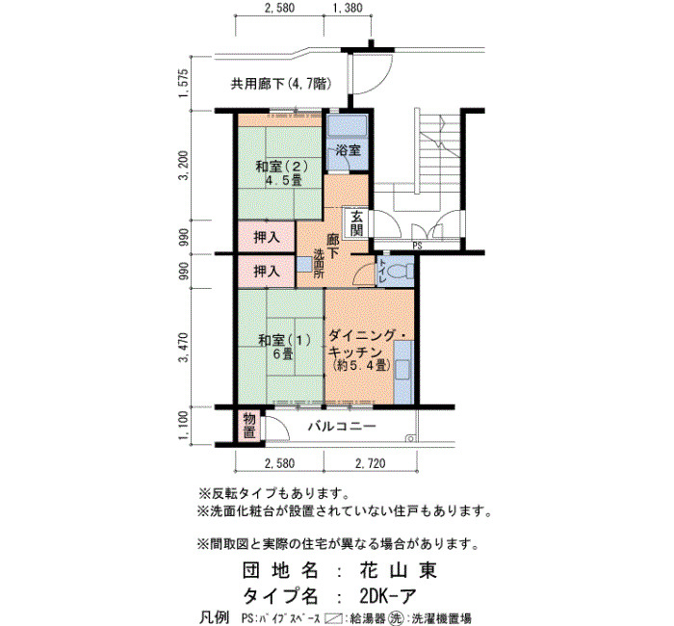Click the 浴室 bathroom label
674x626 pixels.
pyautogui.click(x=348, y=150)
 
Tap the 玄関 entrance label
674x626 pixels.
pyautogui.click(x=356, y=223)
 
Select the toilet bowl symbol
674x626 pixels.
pyautogui.click(x=400, y=272)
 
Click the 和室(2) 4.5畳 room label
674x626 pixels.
pyautogui.click(x=281, y=172)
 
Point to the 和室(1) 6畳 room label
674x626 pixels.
pyautogui.click(x=283, y=347)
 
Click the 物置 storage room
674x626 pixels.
pyautogui.click(x=249, y=426)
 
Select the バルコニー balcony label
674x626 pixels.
pyautogui.click(x=342, y=427)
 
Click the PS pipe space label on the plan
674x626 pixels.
pyautogui.click(x=417, y=246)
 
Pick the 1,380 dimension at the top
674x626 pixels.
pyautogui.click(x=348, y=8)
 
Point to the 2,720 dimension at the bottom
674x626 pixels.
pyautogui.click(x=370, y=463)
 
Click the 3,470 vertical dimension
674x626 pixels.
pyautogui.click(x=184, y=348)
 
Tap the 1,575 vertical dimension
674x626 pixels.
pyautogui.click(x=184, y=83)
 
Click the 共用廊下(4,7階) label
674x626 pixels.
pyautogui.click(x=281, y=84)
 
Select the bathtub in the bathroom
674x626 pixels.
pyautogui.click(x=347, y=125)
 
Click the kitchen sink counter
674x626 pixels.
pyautogui.click(x=403, y=373)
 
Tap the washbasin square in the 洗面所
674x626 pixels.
pyautogui.click(x=305, y=264)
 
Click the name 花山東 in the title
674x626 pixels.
pyautogui.click(x=398, y=570)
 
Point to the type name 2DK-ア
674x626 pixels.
pyautogui.click(x=388, y=596)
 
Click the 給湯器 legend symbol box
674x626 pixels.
pyautogui.click(x=333, y=618)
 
